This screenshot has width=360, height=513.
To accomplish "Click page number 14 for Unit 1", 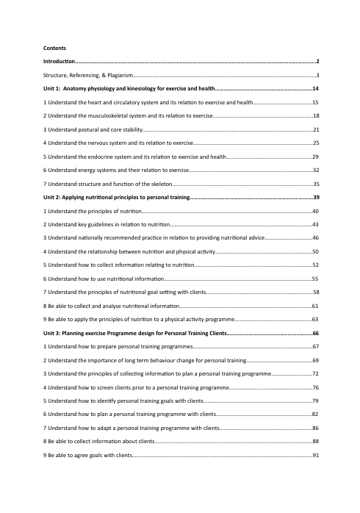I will click(x=314, y=89).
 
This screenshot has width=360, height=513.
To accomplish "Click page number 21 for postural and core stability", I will click(x=315, y=129).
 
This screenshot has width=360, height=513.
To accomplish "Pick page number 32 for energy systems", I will click(x=315, y=169).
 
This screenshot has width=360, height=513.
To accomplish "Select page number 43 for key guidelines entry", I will click(x=315, y=223).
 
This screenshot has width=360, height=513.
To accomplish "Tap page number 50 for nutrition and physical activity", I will click(x=315, y=250).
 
